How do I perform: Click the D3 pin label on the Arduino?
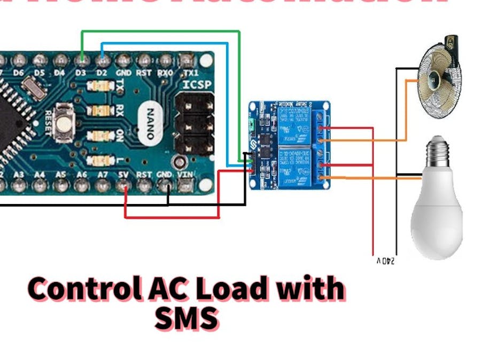click(x=81, y=72)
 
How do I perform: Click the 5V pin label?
click(x=123, y=174)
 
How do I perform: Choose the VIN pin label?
click(x=186, y=174)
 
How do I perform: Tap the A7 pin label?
click(x=103, y=174)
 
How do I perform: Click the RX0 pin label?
click(x=166, y=72)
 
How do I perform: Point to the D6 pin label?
click(x=19, y=72)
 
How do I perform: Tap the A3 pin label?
click(x=19, y=174)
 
